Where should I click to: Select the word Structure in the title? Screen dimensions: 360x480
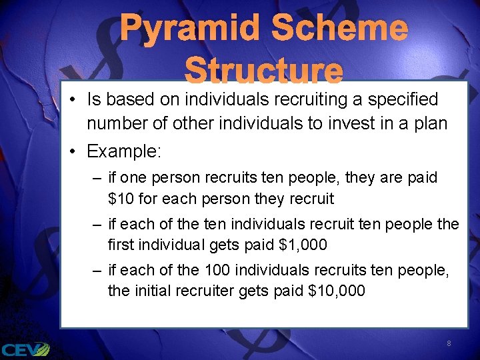coord(264,71)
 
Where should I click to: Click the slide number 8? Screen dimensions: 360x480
coord(449,343)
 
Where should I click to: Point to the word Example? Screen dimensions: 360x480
coord(124,151)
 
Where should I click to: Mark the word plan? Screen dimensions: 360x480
coord(431,123)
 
